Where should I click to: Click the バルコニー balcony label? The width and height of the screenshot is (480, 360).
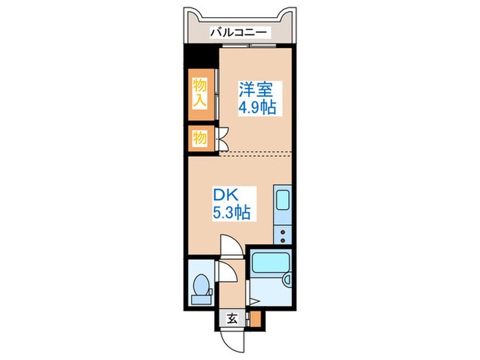(x=240, y=32)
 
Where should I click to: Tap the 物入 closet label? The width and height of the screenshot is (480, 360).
(x=199, y=93)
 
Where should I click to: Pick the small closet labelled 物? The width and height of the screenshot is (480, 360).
(x=199, y=138)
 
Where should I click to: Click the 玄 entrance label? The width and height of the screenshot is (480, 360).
(x=232, y=318)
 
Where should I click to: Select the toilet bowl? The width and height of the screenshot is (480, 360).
(x=201, y=285)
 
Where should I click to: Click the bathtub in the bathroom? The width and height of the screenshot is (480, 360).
(x=271, y=263)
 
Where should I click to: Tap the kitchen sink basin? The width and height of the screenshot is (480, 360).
(x=282, y=200)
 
